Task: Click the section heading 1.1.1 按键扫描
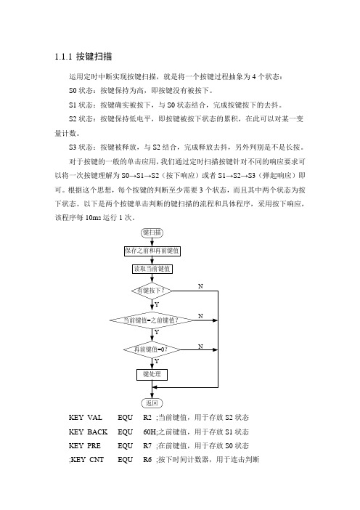tap(83, 57)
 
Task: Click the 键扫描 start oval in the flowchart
tap(152, 232)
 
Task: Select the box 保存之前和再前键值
tap(152, 251)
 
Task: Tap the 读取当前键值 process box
tap(152, 269)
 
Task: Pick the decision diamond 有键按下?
tap(152, 291)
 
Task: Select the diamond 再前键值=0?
tap(152, 349)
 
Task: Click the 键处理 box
tap(152, 374)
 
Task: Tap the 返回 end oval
tap(152, 403)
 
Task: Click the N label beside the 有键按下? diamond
tap(200, 286)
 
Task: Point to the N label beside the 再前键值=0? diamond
tap(200, 347)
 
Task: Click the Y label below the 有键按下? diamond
tap(157, 304)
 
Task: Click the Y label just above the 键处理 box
tap(157, 361)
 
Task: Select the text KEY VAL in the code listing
tap(85, 418)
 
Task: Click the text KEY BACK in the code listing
tap(88, 432)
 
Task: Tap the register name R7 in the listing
tap(147, 446)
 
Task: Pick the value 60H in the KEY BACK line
tap(149, 432)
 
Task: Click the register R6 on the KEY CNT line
tap(147, 460)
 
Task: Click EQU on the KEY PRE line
tap(125, 446)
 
